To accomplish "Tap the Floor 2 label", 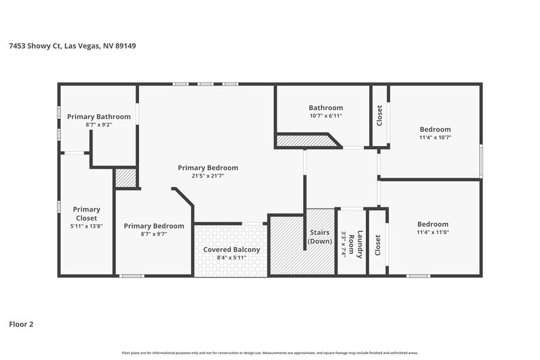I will tap(20, 324).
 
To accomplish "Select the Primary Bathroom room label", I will tap(99, 117).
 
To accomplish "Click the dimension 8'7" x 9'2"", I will tap(99, 125).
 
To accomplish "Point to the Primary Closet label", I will tap(86, 213).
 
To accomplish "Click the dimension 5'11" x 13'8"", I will tap(86, 226).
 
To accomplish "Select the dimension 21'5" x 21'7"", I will tap(208, 176).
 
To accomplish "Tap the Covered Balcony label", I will tap(232, 249).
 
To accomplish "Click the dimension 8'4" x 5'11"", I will tap(232, 257).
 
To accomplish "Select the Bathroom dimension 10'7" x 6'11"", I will tap(326, 116).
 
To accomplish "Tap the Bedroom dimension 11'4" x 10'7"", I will tap(435, 137).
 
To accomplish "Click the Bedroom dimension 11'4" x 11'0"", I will tap(432, 232).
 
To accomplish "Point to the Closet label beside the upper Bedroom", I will tap(379, 116).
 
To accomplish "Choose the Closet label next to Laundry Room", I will tap(377, 245).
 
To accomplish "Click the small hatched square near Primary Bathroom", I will tap(126, 178).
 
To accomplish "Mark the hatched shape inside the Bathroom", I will tap(307, 140).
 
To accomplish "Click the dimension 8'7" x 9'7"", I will tap(154, 234).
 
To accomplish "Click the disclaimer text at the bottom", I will tap(270, 353).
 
